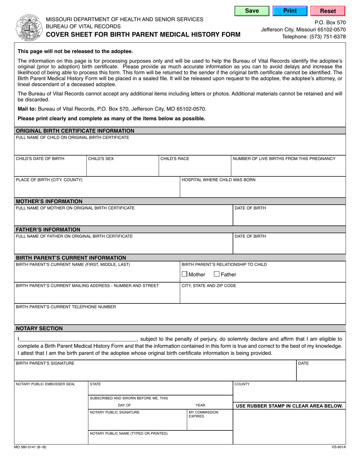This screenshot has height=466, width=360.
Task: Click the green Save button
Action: coord(252,11)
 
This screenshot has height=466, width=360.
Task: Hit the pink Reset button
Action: coord(328,11)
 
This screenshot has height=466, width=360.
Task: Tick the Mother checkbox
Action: coord(185,274)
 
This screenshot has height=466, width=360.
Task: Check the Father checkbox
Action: coord(217,274)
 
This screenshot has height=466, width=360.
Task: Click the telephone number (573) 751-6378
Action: coord(314,37)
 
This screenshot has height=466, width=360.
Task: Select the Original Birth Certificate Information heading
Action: coord(75,131)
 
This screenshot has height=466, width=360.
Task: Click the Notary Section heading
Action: coord(39,328)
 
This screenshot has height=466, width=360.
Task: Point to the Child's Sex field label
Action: coord(101,159)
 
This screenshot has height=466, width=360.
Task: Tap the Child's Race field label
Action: coord(175,159)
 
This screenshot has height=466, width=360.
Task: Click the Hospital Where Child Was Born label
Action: coord(219,180)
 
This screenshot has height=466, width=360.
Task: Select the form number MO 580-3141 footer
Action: coord(31,447)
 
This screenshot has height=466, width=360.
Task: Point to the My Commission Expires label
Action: coord(203,414)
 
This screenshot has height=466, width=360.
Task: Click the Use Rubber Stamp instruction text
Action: coord(289,406)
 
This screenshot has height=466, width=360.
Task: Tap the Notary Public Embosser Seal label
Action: coord(45,384)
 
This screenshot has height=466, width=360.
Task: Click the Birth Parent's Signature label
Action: coord(45,363)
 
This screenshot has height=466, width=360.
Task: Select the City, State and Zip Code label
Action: coord(209,286)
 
